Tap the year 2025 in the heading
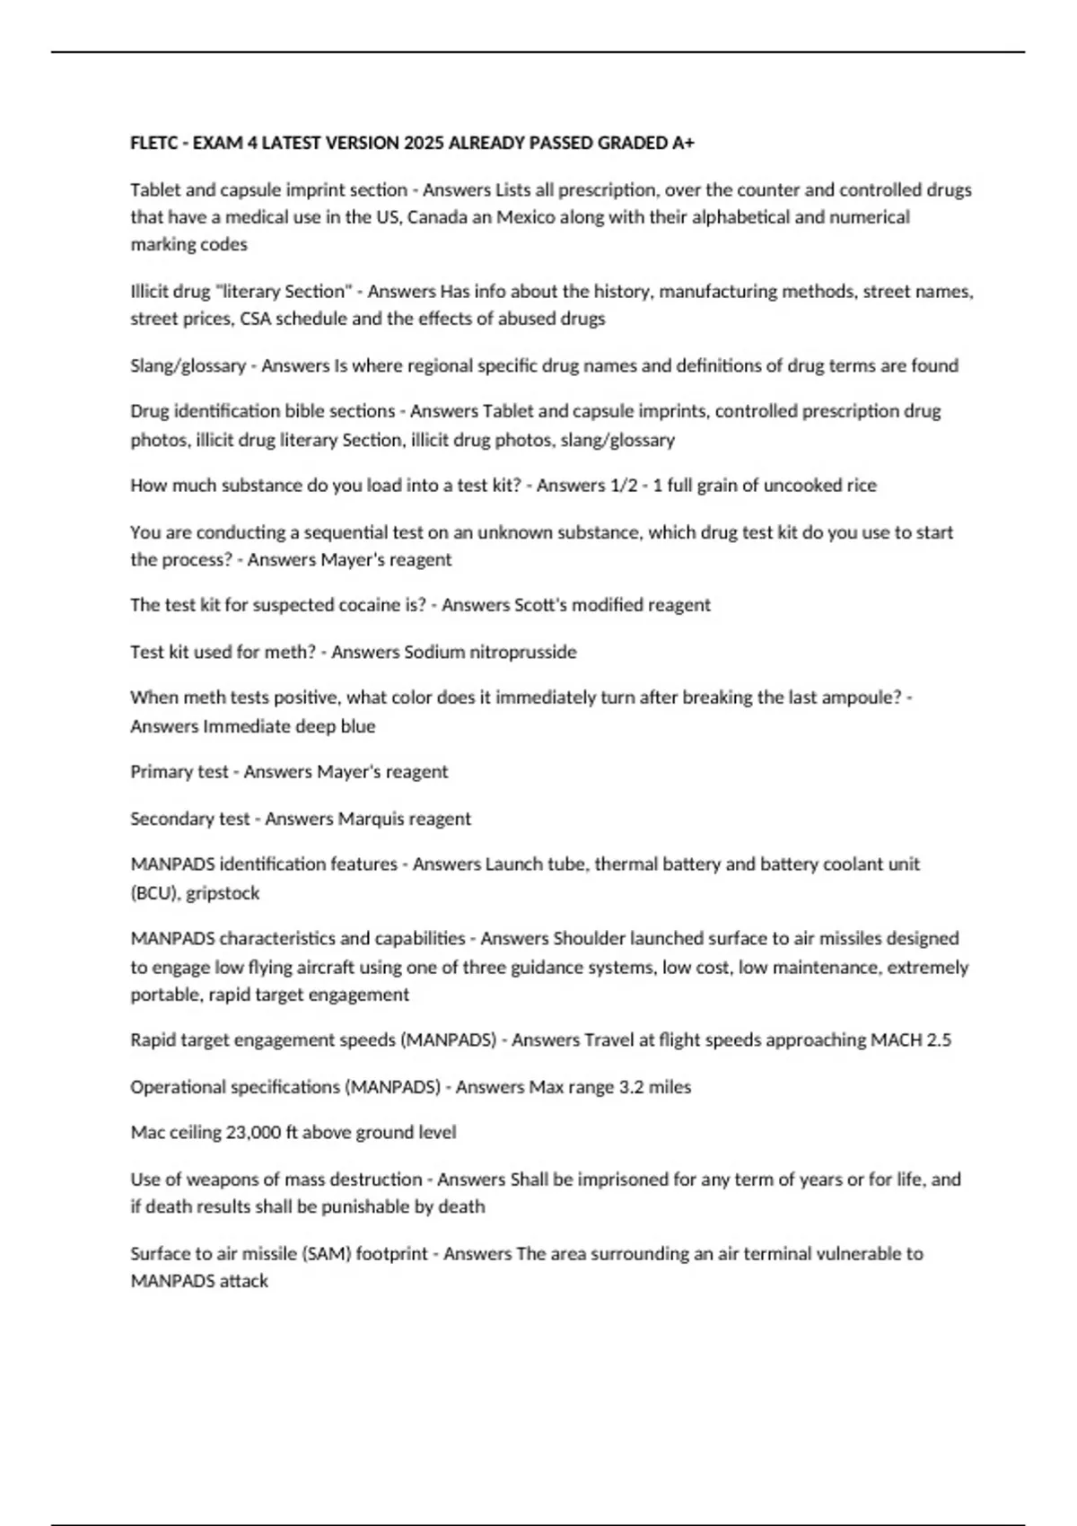point(424,143)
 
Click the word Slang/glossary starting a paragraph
point(188,365)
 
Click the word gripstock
point(223,893)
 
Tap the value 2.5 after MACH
point(938,1040)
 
